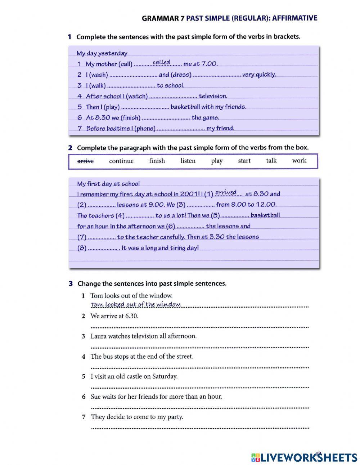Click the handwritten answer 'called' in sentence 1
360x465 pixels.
point(161,62)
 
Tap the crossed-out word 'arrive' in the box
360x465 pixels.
point(85,161)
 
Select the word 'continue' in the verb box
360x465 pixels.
point(121,161)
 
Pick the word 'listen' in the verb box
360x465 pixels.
point(188,161)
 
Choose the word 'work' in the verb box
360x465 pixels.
point(299,161)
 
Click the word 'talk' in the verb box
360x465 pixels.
point(271,161)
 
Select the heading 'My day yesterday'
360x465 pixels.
point(102,53)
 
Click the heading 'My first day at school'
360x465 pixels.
point(108,184)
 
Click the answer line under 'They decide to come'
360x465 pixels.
point(199,428)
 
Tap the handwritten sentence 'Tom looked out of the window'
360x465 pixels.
point(135,305)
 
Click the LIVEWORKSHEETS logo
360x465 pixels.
point(304,457)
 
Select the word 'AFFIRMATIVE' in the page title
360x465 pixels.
point(295,18)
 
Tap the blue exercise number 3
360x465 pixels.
point(71,283)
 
